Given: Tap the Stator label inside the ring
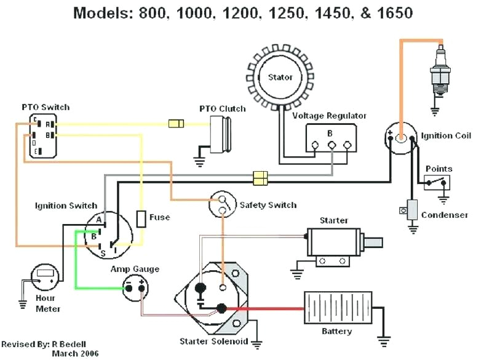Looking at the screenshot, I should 280,78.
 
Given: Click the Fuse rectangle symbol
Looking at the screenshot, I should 141,218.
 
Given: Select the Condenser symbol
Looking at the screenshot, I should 411,209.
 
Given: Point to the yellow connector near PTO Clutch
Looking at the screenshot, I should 176,124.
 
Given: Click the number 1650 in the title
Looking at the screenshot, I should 391,12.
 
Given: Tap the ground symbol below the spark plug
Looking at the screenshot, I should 436,113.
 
